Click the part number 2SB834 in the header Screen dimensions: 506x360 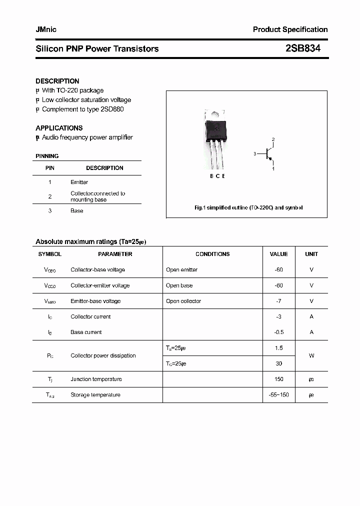point(302,48)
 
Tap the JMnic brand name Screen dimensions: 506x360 point(46,29)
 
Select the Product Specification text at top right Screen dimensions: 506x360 point(290,29)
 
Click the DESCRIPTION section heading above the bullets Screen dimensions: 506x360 point(57,81)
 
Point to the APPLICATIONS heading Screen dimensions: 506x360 point(59,128)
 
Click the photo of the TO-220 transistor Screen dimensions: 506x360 point(216,139)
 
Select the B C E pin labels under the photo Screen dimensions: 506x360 point(217,176)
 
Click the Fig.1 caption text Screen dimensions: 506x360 point(248,207)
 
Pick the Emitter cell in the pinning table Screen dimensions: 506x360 point(79,182)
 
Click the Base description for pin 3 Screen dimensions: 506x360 point(76,211)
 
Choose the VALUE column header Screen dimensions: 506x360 point(278,254)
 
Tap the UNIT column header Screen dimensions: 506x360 point(311,254)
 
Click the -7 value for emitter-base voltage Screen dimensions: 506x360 point(278,301)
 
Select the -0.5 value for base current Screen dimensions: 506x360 point(278,332)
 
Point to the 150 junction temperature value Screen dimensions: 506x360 point(278,379)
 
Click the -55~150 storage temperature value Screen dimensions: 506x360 point(278,395)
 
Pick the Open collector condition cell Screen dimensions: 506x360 point(183,301)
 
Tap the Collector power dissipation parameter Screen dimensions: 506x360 point(103,355)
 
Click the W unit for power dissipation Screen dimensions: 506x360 point(311,355)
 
